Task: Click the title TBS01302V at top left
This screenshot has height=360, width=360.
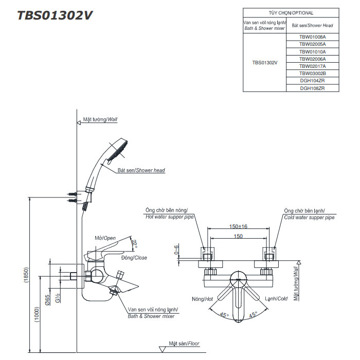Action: [x=55, y=15]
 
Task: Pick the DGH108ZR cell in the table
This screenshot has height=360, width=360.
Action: [x=312, y=88]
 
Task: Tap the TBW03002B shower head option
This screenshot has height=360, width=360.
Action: [x=312, y=74]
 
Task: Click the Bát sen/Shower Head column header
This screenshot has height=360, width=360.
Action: [x=312, y=25]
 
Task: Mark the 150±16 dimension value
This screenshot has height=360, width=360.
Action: [x=239, y=227]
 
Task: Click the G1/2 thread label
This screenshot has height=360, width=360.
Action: [x=58, y=297]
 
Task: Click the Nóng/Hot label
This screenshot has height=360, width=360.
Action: [x=202, y=299]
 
